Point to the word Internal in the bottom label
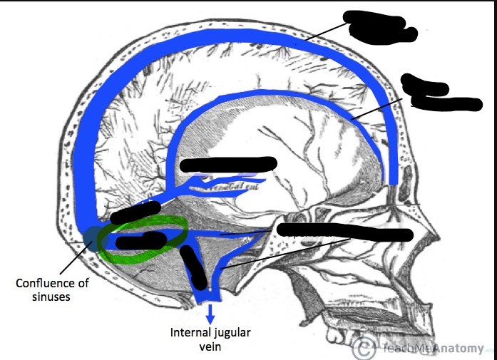click(x=187, y=332)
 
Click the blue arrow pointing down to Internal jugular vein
click(x=210, y=314)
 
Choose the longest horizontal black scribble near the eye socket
click(x=346, y=232)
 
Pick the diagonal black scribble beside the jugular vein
click(x=193, y=266)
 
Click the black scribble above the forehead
click(x=431, y=95)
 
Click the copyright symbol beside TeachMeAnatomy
click(x=364, y=349)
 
